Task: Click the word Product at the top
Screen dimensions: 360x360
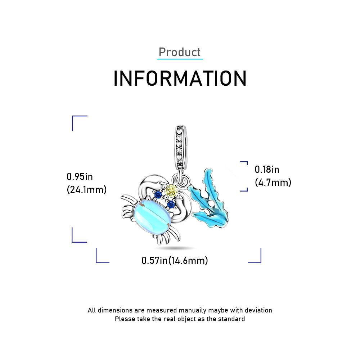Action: pos(180,52)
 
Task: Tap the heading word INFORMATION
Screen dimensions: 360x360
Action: pos(180,78)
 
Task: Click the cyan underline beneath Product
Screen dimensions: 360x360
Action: pos(180,59)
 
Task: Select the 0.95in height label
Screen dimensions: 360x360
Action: pos(80,177)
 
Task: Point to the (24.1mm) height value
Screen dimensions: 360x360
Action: pos(86,190)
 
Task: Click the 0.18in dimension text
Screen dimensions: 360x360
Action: pos(267,170)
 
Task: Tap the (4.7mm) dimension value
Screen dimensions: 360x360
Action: pos(273,183)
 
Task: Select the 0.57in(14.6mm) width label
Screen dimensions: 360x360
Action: pos(175,261)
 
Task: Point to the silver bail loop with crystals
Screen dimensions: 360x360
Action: pos(181,147)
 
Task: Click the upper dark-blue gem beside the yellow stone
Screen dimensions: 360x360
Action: pos(158,195)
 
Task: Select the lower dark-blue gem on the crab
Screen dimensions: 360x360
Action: pos(171,204)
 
